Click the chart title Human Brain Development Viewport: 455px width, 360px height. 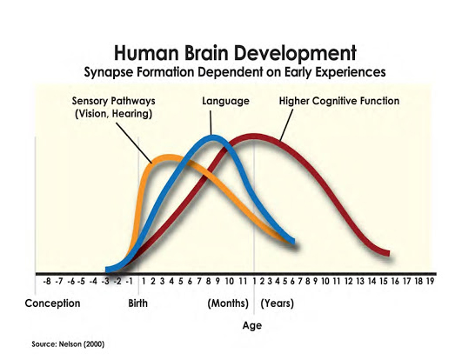[235, 53]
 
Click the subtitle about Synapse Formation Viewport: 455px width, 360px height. [235, 72]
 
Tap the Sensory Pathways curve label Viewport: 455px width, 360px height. [113, 107]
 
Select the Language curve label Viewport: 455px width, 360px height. [225, 101]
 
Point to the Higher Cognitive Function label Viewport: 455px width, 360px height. [339, 101]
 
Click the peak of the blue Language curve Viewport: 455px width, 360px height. [214, 137]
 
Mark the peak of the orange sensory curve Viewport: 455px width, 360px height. [168, 157]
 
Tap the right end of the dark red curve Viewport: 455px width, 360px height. [388, 254]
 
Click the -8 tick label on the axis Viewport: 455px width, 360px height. [46, 281]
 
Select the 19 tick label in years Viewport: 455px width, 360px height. [430, 281]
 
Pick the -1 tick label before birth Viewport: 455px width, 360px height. [129, 281]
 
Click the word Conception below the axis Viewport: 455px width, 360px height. [52, 303]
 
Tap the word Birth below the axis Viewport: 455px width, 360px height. [137, 303]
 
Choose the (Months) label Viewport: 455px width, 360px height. [228, 303]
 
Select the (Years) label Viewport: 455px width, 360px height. [278, 303]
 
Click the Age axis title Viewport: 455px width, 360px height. [252, 326]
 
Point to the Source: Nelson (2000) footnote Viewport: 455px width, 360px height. [68, 344]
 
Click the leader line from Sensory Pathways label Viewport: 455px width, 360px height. [134, 143]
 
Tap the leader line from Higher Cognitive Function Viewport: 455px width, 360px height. [286, 124]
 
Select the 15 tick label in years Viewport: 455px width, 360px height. [384, 281]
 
